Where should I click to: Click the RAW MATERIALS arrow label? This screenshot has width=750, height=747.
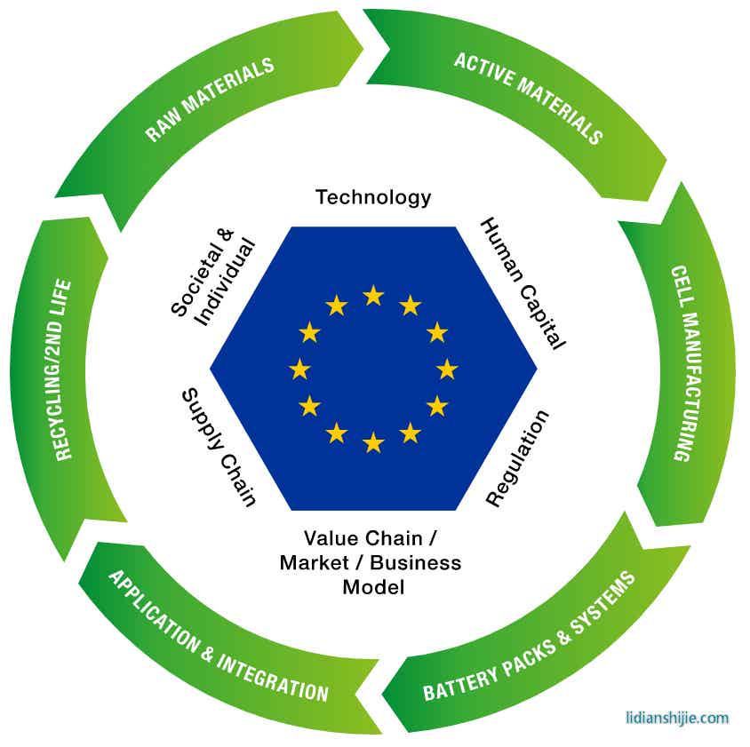coord(210,99)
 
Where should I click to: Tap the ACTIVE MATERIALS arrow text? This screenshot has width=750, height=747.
coord(528,98)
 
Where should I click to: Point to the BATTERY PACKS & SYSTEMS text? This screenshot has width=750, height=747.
coord(530,636)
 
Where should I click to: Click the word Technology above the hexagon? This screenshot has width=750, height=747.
coord(373,197)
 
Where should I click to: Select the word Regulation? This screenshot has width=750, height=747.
coord(519,458)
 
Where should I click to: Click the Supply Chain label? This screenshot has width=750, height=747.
coord(219,448)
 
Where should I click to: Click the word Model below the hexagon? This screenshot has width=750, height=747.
coord(373,587)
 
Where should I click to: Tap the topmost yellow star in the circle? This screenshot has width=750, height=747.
coord(373,295)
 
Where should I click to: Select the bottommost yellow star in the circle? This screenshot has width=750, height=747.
coord(373,441)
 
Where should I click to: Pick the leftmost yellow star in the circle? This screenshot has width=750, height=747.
coord(299,369)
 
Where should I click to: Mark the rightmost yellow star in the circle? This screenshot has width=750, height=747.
coord(447,369)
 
